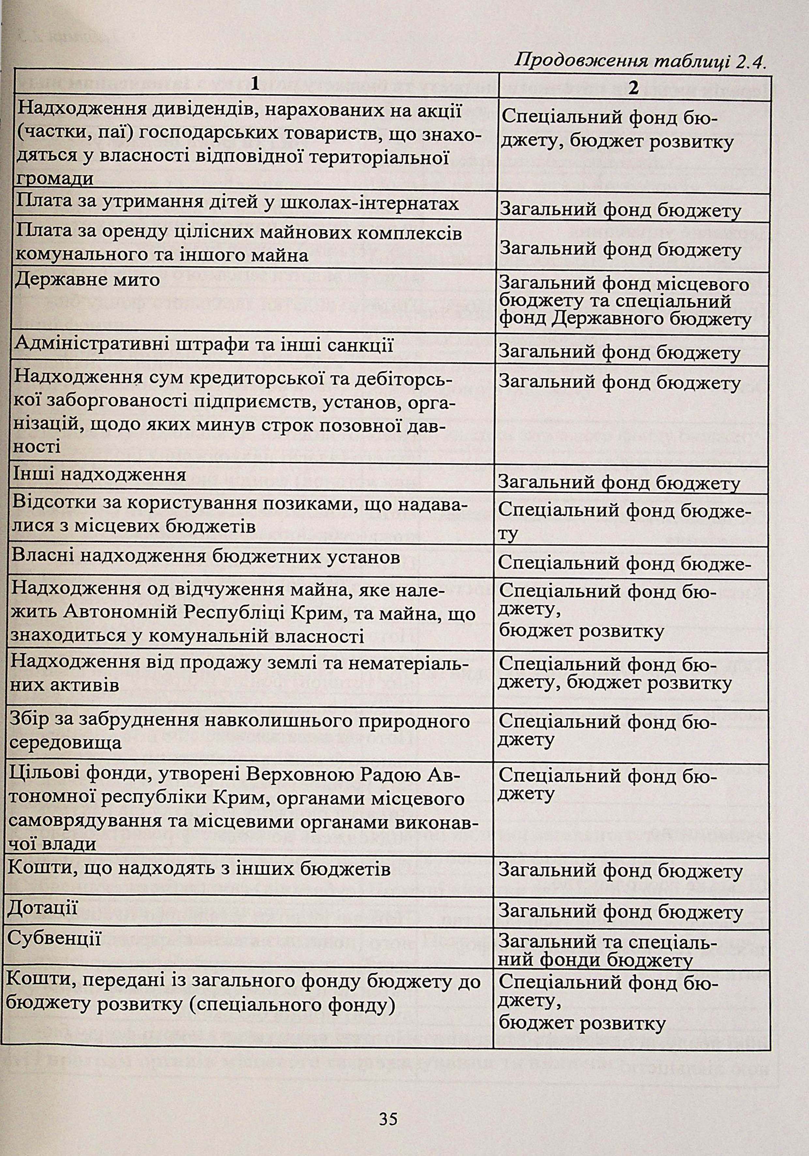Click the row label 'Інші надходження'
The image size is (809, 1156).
coord(100,475)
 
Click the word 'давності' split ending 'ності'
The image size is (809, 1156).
coord(38,447)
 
